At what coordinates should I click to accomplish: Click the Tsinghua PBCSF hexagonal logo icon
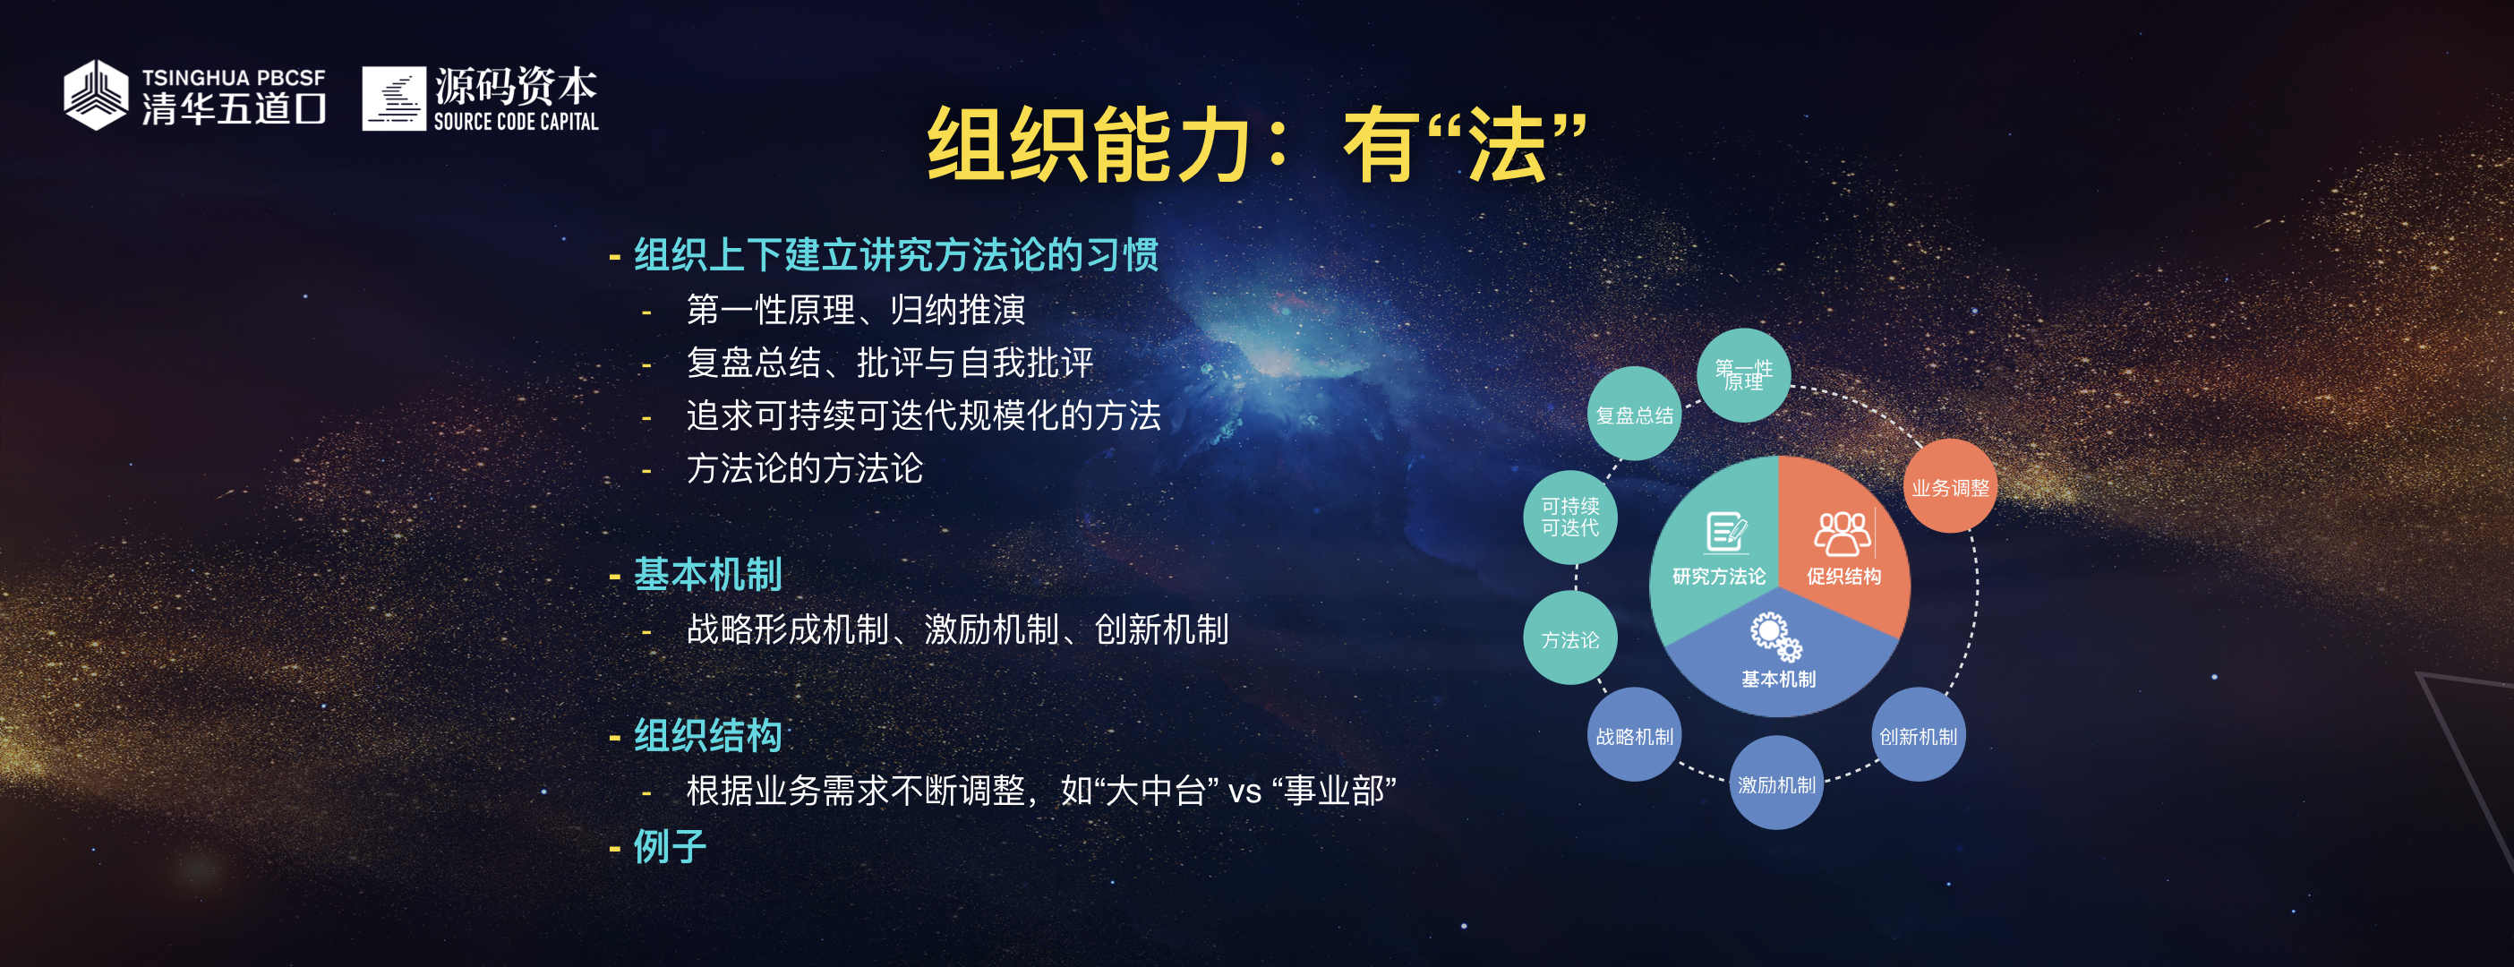click(96, 95)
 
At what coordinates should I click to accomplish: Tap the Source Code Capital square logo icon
click(394, 98)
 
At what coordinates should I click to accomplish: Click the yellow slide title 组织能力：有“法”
click(1256, 144)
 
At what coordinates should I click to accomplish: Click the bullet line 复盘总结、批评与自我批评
click(890, 363)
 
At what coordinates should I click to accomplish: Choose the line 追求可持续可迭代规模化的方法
click(923, 415)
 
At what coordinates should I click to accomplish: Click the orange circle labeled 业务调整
click(1950, 486)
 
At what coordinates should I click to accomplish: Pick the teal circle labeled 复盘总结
click(1635, 414)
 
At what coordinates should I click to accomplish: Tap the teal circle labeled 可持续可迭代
click(1570, 518)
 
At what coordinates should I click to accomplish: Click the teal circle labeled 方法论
click(1570, 640)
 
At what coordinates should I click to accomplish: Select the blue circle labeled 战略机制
click(1635, 736)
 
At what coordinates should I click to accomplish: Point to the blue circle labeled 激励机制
click(1776, 783)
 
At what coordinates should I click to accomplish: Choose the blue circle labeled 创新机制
click(1919, 736)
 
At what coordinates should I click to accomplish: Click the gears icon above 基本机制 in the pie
click(1776, 638)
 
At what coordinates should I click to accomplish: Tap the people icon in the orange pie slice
click(1842, 533)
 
